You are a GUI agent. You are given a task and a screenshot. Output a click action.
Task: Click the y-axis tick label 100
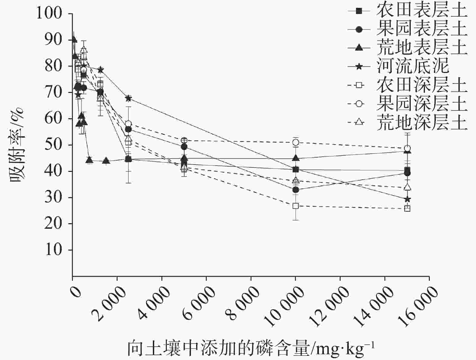(53, 14)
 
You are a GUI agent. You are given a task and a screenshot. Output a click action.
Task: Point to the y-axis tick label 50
(58, 145)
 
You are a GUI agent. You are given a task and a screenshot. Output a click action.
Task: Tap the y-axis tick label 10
(58, 250)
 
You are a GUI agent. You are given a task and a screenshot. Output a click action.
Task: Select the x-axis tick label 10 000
(284, 307)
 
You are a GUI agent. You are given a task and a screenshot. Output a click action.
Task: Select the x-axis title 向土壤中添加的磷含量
(218, 348)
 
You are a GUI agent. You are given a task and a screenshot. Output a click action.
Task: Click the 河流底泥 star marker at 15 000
(407, 199)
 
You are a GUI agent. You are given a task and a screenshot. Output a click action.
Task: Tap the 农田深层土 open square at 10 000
(296, 206)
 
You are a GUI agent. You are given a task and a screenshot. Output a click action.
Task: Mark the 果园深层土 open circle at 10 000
(296, 142)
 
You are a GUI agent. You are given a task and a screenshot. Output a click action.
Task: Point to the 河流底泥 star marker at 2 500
(128, 98)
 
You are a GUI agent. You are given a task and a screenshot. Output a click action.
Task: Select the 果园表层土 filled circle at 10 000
(296, 190)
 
